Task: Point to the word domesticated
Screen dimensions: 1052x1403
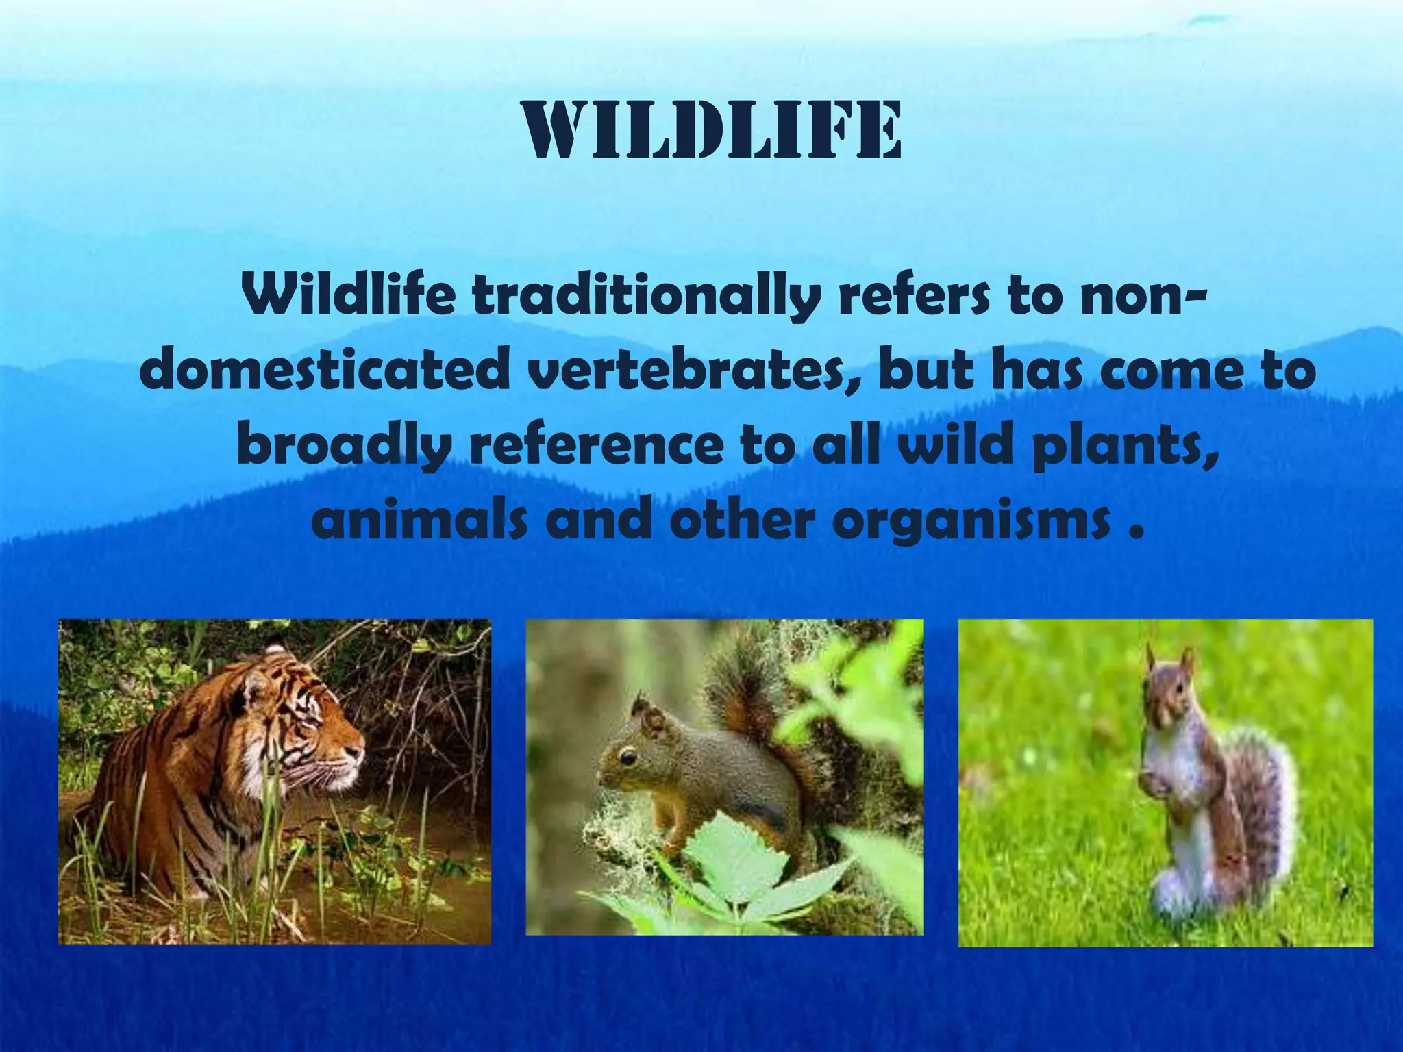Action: (x=325, y=372)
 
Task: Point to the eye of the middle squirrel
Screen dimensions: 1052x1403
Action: (x=625, y=757)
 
